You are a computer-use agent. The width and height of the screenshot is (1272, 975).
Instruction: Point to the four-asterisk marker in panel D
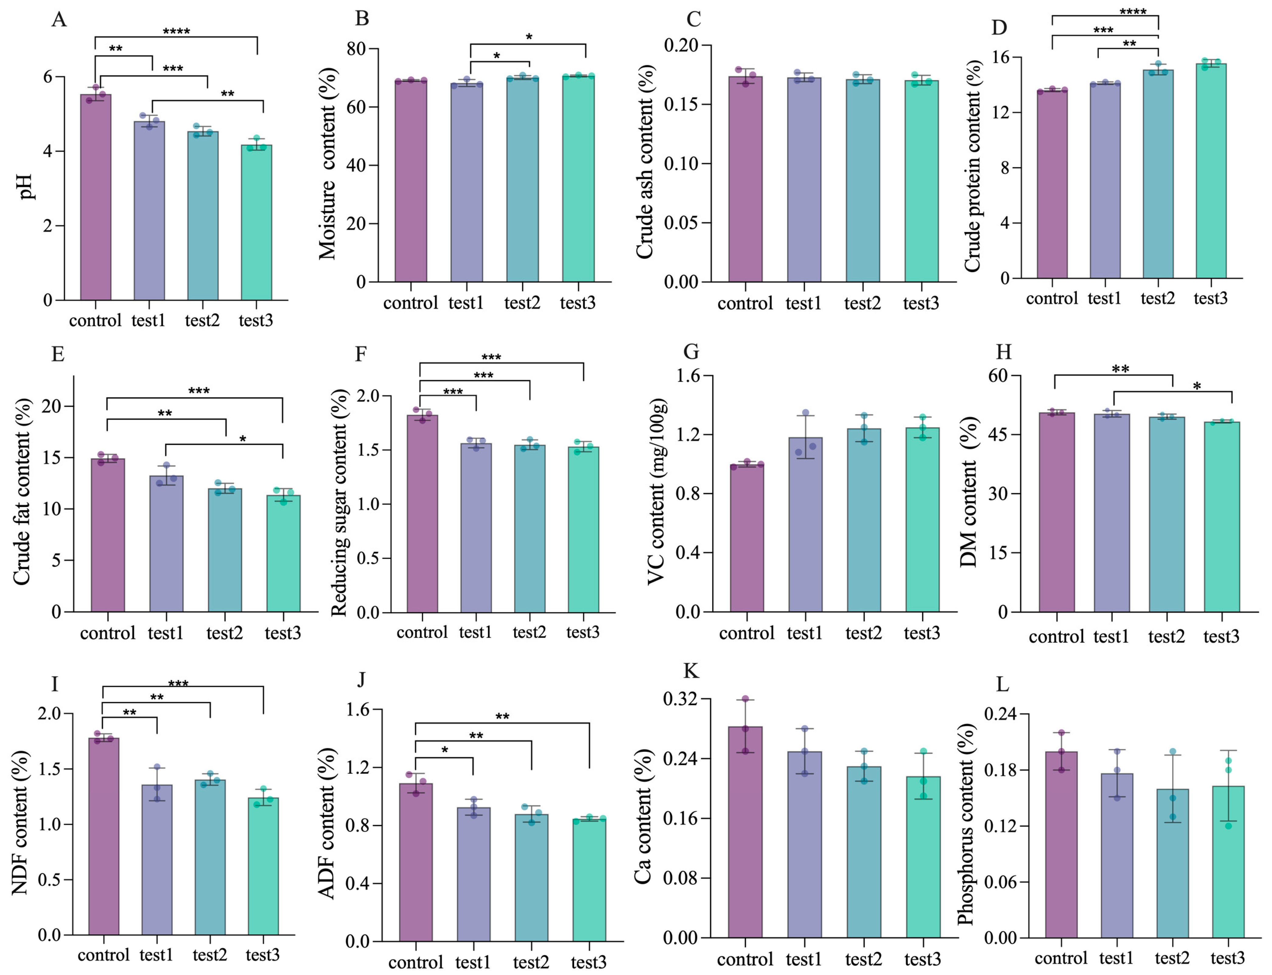point(1133,12)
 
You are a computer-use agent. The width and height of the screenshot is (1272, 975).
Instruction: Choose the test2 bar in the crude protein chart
point(1158,174)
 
